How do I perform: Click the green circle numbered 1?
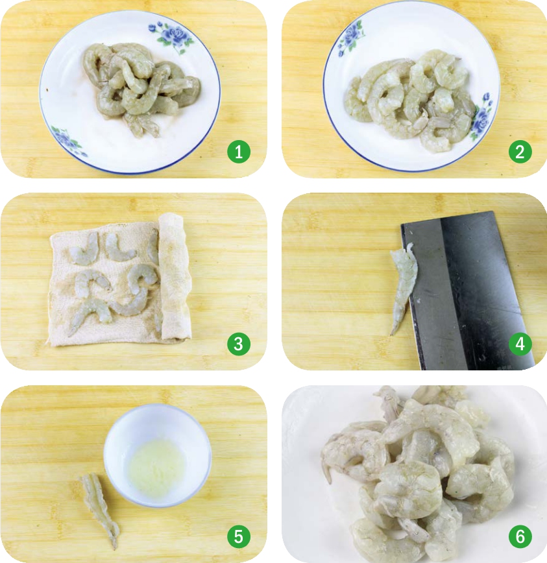pos(239,152)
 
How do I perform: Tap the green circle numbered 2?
pos(520,152)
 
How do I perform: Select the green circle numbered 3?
pos(239,344)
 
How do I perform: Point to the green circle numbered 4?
pos(520,344)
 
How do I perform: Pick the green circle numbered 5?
pos(239,536)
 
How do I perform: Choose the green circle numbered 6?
pos(520,536)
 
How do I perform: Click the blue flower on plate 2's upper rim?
pos(350,39)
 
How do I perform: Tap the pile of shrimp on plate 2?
pos(409,101)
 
